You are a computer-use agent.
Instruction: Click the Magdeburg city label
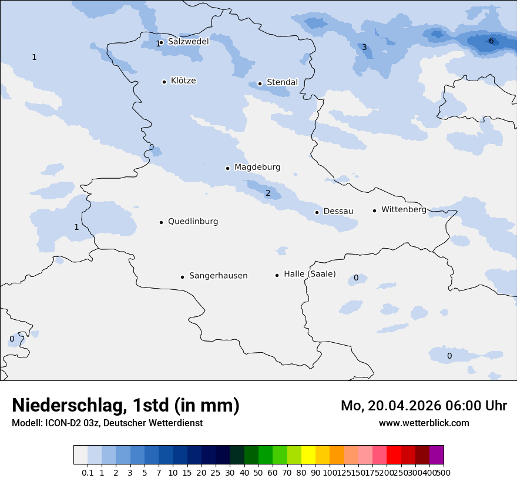257,168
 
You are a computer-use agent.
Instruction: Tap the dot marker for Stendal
260,83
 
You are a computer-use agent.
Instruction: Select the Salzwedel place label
188,42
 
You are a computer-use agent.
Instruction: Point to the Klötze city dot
164,82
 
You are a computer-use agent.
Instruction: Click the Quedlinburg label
193,222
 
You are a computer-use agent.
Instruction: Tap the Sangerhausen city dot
182,277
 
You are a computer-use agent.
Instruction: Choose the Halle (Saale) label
310,274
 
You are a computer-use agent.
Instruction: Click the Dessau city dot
317,212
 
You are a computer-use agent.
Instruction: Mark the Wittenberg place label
404,210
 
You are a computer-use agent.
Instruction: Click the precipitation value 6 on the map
491,41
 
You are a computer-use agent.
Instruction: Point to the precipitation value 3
364,48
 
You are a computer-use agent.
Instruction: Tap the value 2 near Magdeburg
268,193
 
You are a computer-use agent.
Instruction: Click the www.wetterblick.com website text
424,423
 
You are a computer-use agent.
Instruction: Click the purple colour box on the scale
437,455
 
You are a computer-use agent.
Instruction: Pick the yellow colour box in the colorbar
308,455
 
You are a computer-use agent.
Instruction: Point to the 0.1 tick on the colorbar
88,473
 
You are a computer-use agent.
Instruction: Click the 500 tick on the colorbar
444,473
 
